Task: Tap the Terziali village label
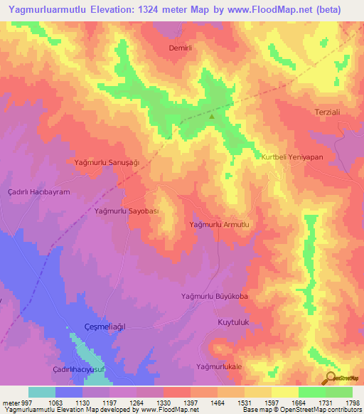330,112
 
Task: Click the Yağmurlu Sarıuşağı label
106,162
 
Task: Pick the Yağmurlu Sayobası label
126,211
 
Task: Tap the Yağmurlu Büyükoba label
214,296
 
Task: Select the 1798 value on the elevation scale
353,402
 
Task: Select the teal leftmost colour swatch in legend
41,392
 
